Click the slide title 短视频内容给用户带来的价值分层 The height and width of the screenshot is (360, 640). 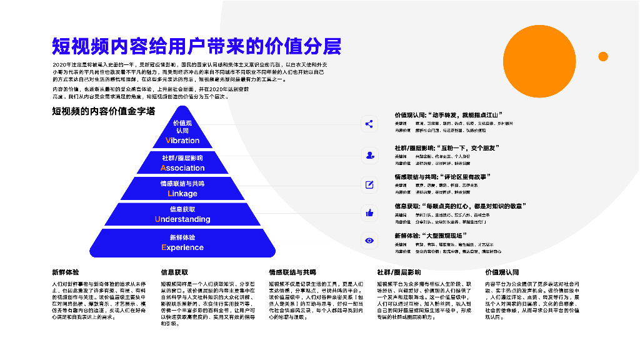point(196,46)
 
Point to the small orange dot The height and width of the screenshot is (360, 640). point(603,56)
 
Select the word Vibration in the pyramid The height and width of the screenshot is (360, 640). point(182,141)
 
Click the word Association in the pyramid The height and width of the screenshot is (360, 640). point(182,168)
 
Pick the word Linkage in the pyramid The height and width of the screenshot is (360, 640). point(182,194)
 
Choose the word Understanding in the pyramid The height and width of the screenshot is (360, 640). point(182,219)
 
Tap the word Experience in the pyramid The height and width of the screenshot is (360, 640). point(182,247)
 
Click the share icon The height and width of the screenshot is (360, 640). point(369,124)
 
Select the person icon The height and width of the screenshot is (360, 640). point(369,154)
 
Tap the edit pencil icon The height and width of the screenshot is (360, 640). point(369,184)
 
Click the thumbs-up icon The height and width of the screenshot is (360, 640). point(369,213)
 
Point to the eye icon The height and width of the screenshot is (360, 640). point(369,241)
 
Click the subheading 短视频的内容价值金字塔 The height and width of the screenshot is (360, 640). point(104,111)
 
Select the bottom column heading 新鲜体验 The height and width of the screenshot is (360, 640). point(66,272)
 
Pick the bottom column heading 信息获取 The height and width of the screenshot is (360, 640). point(174,272)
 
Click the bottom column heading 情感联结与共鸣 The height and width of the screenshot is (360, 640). point(292,272)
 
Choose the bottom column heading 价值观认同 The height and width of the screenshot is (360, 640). point(502,272)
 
